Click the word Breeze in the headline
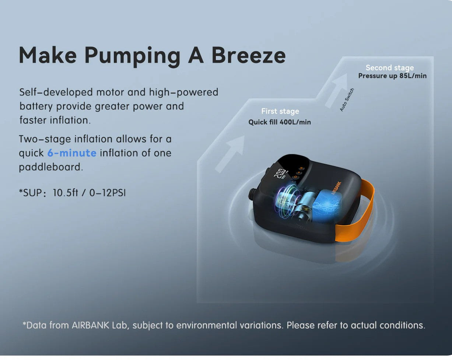(x=249, y=55)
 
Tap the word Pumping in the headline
(x=132, y=57)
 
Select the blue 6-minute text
(x=72, y=153)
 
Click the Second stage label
(x=390, y=68)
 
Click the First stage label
(x=280, y=111)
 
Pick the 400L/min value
(x=295, y=122)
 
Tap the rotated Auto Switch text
(x=347, y=99)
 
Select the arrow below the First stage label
(x=230, y=154)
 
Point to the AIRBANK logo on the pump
(x=336, y=188)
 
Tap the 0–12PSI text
(x=108, y=193)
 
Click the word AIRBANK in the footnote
(x=90, y=325)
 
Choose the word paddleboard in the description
(x=51, y=167)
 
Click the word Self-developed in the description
(x=56, y=92)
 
